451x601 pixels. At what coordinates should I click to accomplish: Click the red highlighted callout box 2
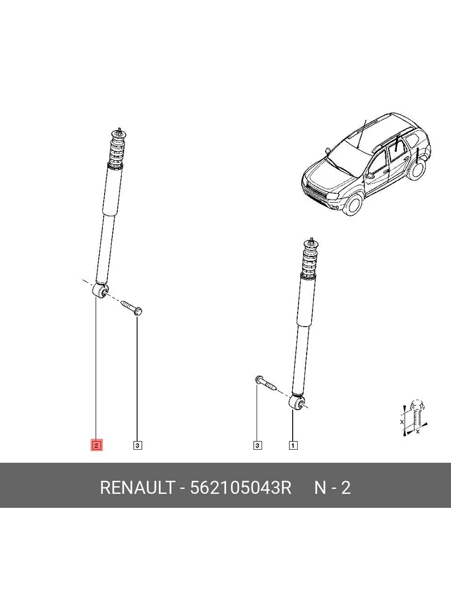tap(96, 445)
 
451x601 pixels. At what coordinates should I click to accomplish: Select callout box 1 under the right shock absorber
tap(293, 445)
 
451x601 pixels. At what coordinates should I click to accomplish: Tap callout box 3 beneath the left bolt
tap(137, 445)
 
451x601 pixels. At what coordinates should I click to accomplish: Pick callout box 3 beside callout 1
tap(258, 445)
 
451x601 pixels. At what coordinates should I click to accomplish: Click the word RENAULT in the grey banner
tap(137, 488)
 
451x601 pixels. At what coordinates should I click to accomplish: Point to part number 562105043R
tap(241, 488)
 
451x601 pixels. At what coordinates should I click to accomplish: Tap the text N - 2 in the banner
tap(332, 488)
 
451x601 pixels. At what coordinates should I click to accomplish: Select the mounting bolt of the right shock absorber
tap(266, 383)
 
